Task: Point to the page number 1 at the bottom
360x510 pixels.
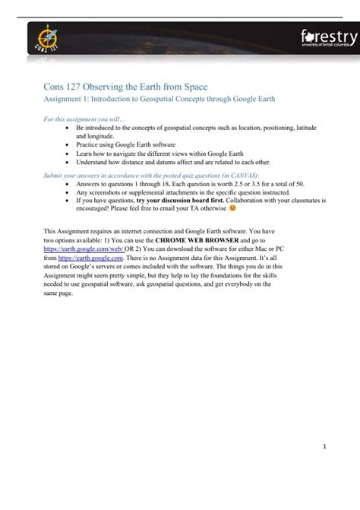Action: coord(321,447)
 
